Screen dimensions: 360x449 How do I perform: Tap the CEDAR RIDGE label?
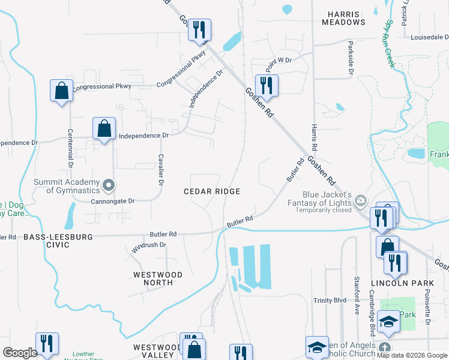click(212, 191)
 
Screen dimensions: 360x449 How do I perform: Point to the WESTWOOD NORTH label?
click(157, 279)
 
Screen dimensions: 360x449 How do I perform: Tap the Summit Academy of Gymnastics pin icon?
click(108, 186)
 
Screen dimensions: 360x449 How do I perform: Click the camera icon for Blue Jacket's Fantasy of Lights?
click(360, 200)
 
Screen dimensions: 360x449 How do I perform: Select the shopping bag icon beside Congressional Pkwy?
click(61, 91)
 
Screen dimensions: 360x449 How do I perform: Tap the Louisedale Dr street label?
click(430, 37)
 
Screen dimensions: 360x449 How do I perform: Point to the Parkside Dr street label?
click(350, 59)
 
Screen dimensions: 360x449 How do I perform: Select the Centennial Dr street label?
click(70, 148)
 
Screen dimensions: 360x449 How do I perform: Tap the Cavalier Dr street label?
click(161, 170)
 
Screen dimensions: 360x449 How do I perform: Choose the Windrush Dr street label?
click(148, 245)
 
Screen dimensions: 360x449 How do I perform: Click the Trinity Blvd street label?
click(330, 301)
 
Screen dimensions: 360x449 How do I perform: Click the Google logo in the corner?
click(20, 353)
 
